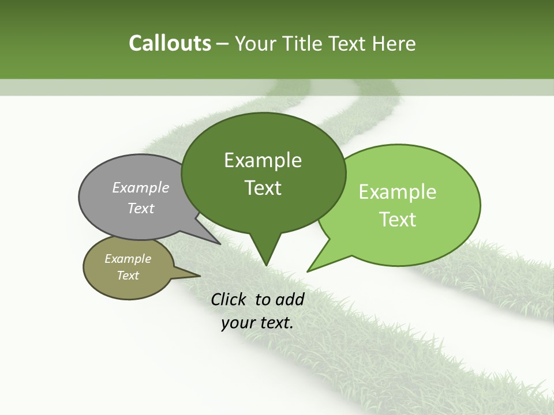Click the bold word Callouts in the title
pyautogui.click(x=170, y=43)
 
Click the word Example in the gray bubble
pyautogui.click(x=141, y=187)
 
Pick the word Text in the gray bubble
pyautogui.click(x=141, y=208)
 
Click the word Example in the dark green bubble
pyautogui.click(x=263, y=160)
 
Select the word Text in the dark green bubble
pyautogui.click(x=263, y=188)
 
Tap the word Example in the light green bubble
pyautogui.click(x=398, y=192)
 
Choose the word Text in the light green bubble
pyautogui.click(x=398, y=219)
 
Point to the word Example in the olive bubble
pyautogui.click(x=128, y=259)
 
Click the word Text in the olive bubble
pyautogui.click(x=128, y=276)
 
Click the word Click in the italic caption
pyautogui.click(x=230, y=299)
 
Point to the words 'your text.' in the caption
pyautogui.click(x=257, y=323)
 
